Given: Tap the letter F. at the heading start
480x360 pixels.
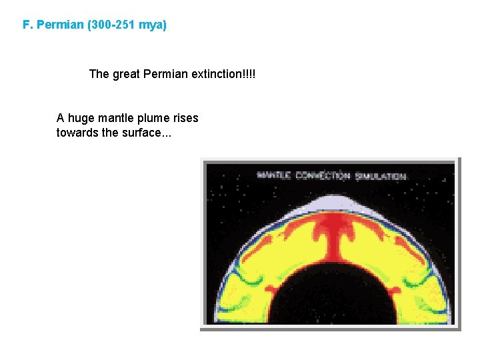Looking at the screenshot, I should [x=27, y=25].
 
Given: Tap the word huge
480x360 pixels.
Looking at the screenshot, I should [x=81, y=119].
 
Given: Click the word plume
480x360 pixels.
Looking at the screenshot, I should [x=153, y=119].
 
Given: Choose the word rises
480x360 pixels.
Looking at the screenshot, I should [x=184, y=119].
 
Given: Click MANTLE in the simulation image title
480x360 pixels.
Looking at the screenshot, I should [x=274, y=176].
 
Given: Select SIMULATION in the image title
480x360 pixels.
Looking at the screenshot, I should [x=380, y=176].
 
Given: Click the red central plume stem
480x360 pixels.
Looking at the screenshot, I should [x=331, y=247].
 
